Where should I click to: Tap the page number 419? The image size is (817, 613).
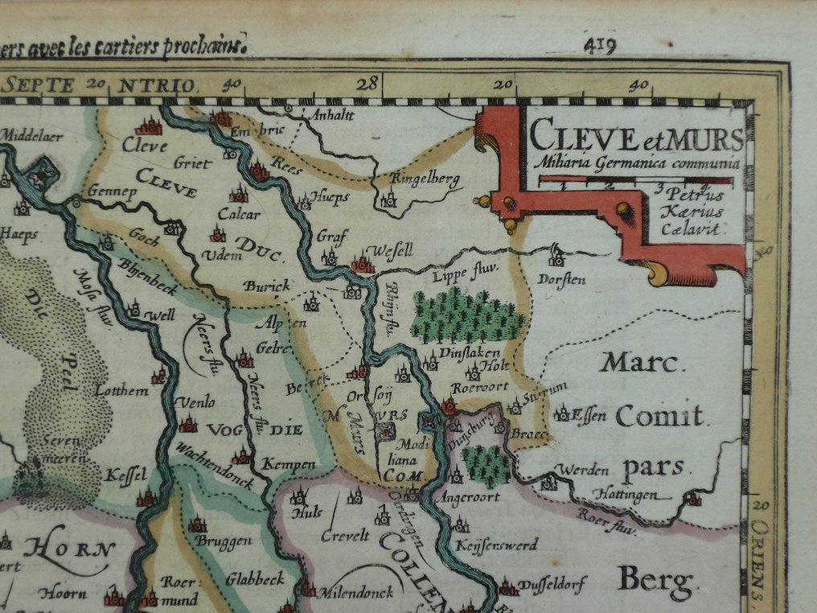[x=600, y=45]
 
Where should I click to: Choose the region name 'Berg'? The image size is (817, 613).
[x=655, y=578]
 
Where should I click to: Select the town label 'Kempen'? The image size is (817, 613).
[x=285, y=465]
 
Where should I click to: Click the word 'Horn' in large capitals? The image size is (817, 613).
[x=69, y=550]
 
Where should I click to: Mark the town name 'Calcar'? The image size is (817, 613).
[x=240, y=214]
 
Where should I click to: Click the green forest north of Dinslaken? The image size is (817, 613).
[x=466, y=317]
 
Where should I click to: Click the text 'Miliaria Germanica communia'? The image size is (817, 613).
[x=635, y=164]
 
